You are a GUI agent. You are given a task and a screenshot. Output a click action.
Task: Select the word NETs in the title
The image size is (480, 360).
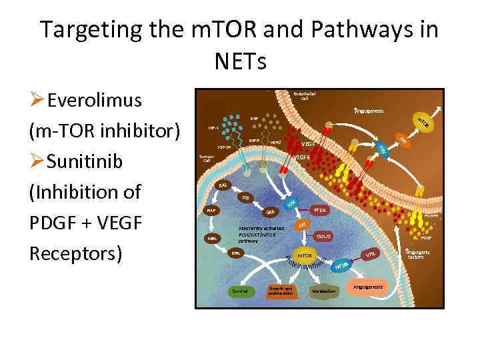pyautogui.click(x=240, y=61)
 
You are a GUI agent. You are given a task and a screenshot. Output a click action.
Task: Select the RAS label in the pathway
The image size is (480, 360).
pyautogui.click(x=223, y=185)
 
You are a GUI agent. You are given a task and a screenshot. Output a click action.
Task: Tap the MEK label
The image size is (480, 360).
pyautogui.click(x=211, y=238)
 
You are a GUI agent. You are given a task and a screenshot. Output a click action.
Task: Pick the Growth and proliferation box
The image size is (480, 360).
pyautogui.click(x=280, y=291)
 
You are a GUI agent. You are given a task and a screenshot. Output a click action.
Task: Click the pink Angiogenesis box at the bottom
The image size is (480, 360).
pyautogui.click(x=367, y=287)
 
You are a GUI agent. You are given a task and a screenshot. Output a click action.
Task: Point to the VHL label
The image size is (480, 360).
pyautogui.click(x=371, y=254)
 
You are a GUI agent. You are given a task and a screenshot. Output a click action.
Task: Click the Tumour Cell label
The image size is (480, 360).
pyautogui.click(x=207, y=159)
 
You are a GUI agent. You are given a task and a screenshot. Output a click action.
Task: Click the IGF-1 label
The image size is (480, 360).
pyautogui.click(x=213, y=127)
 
